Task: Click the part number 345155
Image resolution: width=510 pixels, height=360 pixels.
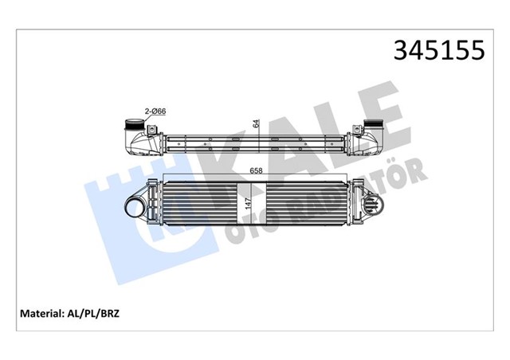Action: [437, 50]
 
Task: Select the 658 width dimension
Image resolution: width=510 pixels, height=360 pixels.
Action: [257, 170]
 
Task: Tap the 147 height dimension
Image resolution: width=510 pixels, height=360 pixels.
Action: [248, 202]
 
